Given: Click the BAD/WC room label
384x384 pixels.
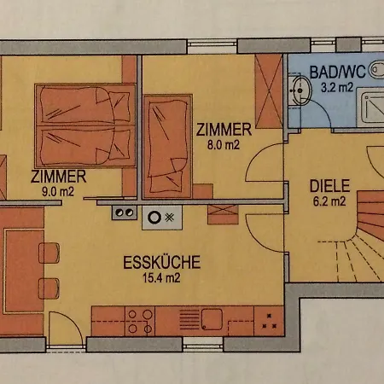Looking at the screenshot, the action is [337, 72].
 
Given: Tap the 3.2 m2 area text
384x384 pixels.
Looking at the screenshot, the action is [337, 87].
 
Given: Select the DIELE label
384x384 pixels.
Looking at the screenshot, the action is [329, 186].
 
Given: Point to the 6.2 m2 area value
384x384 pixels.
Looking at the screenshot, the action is [329, 201].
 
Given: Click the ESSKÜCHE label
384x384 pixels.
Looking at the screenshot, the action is [162, 262].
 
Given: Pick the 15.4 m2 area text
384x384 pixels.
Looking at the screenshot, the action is [161, 277].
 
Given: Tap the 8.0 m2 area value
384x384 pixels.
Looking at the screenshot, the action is [224, 145].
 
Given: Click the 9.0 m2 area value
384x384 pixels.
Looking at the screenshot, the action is [58, 192].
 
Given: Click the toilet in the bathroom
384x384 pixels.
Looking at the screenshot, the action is [377, 70].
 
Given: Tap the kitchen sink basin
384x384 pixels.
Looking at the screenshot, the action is [212, 319].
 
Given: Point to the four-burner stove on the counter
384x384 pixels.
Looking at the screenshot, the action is [140, 322].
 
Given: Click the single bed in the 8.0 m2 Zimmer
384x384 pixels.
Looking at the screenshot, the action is [167, 147].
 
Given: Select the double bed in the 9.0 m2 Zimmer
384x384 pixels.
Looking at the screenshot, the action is [85, 125].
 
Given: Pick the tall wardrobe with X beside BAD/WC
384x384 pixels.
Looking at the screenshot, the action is [269, 91].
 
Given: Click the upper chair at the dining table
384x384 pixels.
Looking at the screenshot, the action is [49, 253].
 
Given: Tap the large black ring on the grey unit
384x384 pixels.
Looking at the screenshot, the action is [154, 218].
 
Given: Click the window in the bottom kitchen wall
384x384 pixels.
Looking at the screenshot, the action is [203, 344].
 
